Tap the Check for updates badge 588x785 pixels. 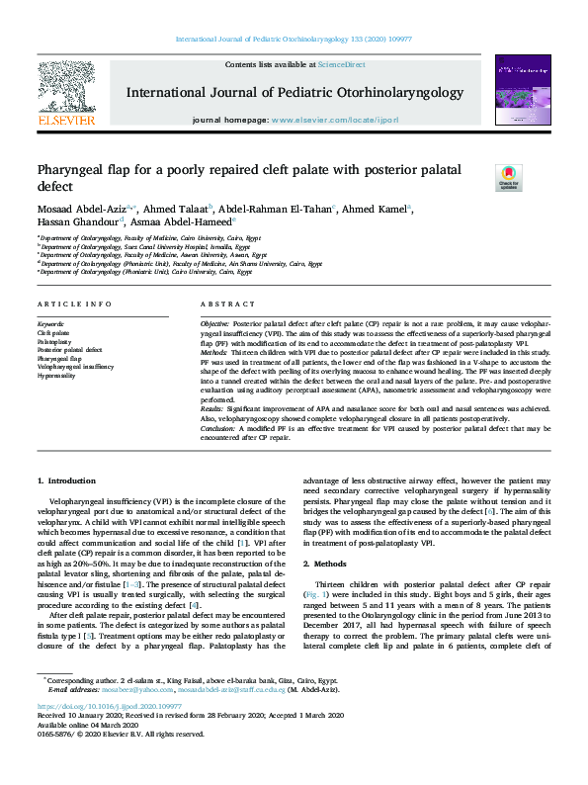click(507, 177)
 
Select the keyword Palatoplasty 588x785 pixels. click(56, 340)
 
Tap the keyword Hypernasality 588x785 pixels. click(58, 376)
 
